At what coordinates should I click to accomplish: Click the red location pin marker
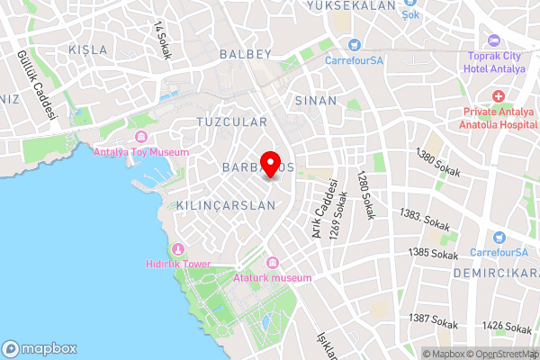point(269,164)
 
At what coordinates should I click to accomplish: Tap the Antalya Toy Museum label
point(141,151)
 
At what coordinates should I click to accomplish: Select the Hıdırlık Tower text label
point(177,264)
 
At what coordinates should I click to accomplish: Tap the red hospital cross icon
point(498,96)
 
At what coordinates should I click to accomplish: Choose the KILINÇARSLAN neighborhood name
point(226,205)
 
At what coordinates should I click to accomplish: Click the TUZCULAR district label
point(231,121)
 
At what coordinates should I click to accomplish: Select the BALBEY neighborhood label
point(245,54)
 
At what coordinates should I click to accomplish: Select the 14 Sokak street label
point(163,40)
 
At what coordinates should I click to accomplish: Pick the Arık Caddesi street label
point(317,213)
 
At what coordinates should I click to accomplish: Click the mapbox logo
point(40,348)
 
